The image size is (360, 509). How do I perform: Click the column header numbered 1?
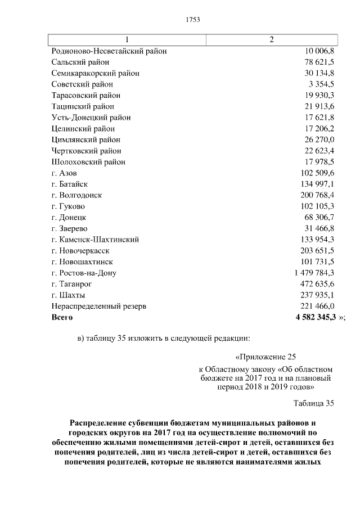click(x=127, y=39)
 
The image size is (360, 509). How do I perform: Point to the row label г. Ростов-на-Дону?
click(x=84, y=273)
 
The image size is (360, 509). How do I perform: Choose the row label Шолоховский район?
click(x=88, y=162)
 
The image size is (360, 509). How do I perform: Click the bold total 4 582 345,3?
click(x=312, y=317)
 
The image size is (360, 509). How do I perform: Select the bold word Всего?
click(x=62, y=317)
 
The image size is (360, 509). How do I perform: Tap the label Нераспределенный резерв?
click(x=98, y=306)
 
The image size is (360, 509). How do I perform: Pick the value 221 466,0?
click(x=318, y=306)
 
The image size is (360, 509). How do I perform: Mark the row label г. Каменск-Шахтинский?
click(x=95, y=240)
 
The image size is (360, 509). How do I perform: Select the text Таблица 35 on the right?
click(x=314, y=403)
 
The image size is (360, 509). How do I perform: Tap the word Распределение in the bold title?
click(x=98, y=422)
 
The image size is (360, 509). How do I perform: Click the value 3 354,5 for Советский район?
click(x=321, y=84)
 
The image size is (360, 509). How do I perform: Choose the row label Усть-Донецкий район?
click(x=91, y=118)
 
